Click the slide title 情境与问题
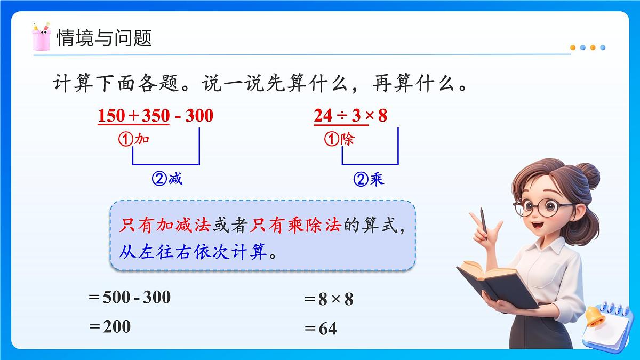click(x=105, y=38)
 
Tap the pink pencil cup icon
click(x=41, y=37)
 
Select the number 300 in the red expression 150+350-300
click(x=198, y=116)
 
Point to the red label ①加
click(x=133, y=140)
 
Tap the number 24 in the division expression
click(x=323, y=116)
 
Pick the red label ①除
click(x=339, y=140)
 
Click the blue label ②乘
click(x=369, y=180)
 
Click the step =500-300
click(x=130, y=297)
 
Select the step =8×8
click(x=329, y=299)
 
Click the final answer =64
click(x=321, y=329)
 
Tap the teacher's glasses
click(x=540, y=207)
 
